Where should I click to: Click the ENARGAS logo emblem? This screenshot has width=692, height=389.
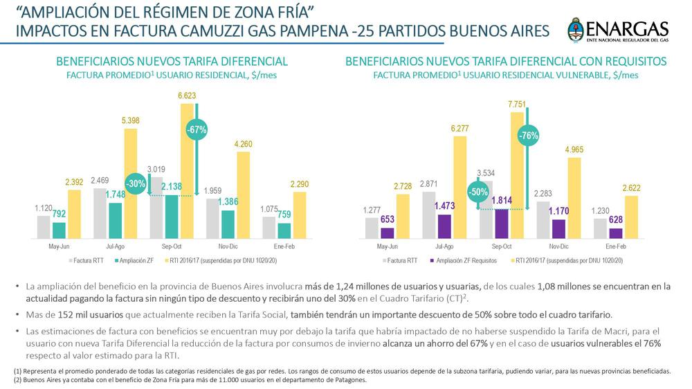(576, 30)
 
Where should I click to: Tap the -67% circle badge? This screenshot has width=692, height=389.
(197, 129)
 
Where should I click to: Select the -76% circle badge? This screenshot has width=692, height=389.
(529, 135)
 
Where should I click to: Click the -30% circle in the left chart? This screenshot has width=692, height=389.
(136, 184)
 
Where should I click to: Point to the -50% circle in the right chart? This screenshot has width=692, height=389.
(476, 193)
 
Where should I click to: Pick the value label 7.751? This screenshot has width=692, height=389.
(517, 105)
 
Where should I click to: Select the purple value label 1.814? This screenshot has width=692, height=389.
(502, 201)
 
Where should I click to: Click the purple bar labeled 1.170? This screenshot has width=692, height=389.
(558, 228)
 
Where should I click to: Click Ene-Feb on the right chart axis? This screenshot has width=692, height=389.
(616, 246)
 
